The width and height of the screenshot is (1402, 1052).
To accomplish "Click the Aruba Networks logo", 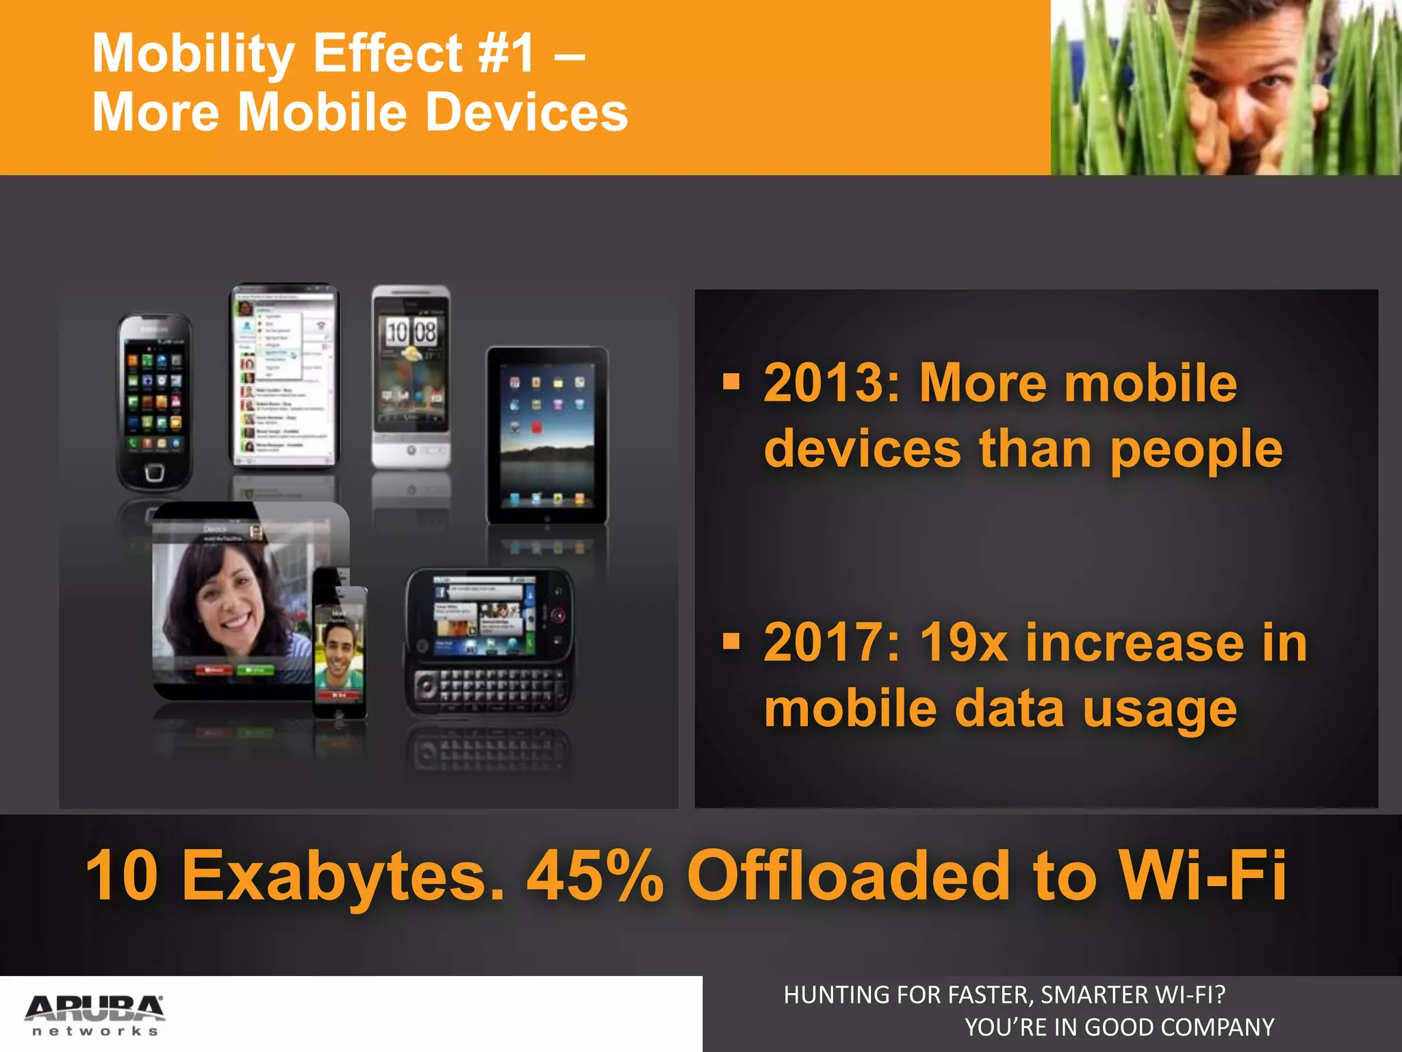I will pos(94,1014).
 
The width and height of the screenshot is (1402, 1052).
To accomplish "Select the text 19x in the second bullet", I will pos(964,643).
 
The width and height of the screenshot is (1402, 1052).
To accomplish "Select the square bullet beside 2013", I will pos(732,381).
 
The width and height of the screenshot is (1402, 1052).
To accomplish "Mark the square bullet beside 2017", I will pos(732,641).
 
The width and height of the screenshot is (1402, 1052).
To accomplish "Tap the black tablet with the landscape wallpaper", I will pos(547,435).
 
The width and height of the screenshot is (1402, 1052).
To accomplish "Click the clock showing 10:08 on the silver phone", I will pos(411,333).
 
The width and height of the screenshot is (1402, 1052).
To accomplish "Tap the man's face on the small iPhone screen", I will pos(338,650).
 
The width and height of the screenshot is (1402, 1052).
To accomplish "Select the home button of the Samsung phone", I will pos(154,473).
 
